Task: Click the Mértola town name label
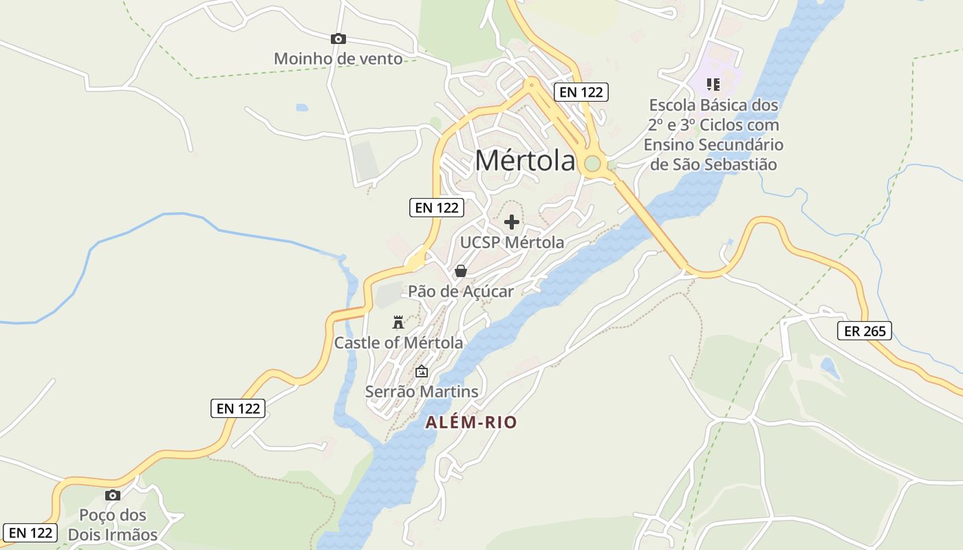point(525,161)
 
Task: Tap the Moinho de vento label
point(338,58)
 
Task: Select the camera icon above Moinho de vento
point(338,39)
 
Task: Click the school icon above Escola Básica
point(713,85)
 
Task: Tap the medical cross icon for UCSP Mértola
point(512,222)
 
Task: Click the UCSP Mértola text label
point(512,242)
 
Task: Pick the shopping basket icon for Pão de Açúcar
point(461,271)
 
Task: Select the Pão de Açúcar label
point(461,291)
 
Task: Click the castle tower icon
point(398,322)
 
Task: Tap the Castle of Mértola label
point(398,342)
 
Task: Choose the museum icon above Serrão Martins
point(421,372)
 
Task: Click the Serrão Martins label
point(421,391)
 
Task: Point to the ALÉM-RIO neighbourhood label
point(470,422)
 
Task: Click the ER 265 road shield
point(865,331)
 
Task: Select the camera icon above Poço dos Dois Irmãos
point(113,495)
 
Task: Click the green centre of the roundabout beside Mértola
point(592,164)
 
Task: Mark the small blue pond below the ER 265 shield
point(830,368)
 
